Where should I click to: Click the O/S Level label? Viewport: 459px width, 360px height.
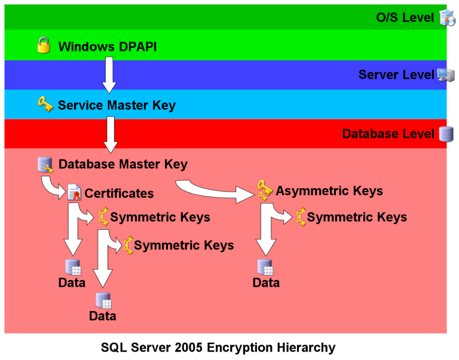[x=405, y=17]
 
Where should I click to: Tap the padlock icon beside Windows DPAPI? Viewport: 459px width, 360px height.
[x=44, y=45]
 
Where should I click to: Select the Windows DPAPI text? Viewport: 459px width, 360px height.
[x=107, y=47]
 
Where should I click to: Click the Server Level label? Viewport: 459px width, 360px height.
[x=396, y=75]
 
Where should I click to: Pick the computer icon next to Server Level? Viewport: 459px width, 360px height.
[x=446, y=75]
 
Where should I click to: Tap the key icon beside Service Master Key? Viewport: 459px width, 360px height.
[x=45, y=105]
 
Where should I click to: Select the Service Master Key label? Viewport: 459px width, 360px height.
[x=117, y=106]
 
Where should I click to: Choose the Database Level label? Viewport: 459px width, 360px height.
[x=388, y=134]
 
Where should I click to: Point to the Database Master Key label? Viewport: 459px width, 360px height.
[x=123, y=164]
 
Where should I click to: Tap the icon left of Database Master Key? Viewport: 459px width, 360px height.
[x=45, y=164]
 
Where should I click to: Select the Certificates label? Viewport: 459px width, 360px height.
[x=119, y=193]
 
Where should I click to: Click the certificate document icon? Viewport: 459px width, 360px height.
[x=74, y=192]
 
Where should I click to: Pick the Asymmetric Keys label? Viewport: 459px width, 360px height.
[x=329, y=191]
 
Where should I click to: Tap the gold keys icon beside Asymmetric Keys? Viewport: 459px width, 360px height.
[x=265, y=190]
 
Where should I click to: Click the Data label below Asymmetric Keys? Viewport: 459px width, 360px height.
[x=266, y=283]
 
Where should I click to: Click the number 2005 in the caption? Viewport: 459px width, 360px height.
[x=190, y=347]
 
